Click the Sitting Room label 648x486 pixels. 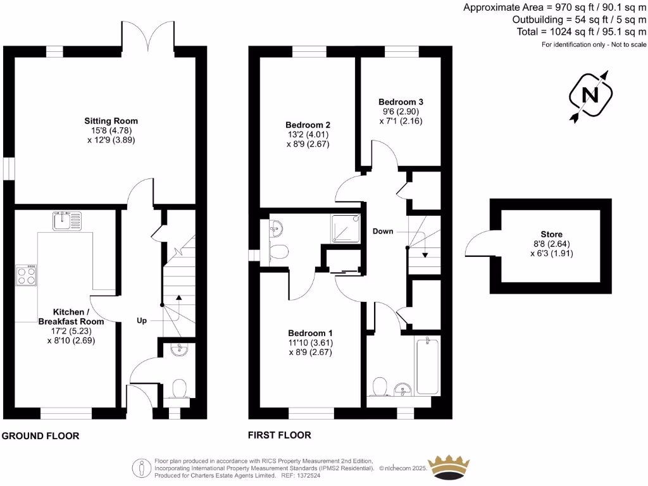(x=111, y=121)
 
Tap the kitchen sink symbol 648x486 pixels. (x=67, y=221)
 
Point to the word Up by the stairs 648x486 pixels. (x=142, y=321)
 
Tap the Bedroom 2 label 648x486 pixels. (x=308, y=125)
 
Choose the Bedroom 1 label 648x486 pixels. (x=310, y=333)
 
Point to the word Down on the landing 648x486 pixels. (x=383, y=231)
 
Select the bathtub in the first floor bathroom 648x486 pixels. (x=428, y=364)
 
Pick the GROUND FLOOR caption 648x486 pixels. (x=40, y=436)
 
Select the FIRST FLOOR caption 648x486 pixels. (x=280, y=435)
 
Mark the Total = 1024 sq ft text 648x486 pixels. (x=557, y=32)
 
